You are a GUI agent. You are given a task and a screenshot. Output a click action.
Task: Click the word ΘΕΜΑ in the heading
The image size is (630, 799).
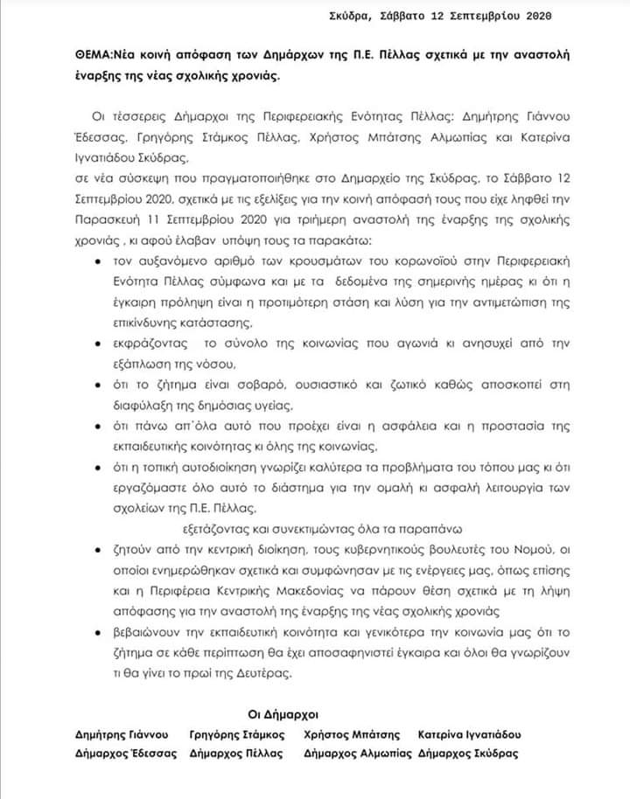click(x=94, y=55)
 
